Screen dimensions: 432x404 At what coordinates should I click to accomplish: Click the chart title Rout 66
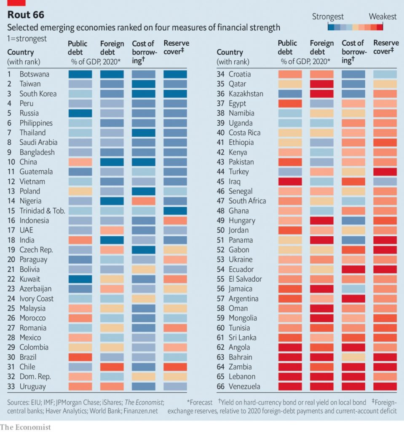point(26,16)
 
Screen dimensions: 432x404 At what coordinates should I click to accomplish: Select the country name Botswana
point(34,74)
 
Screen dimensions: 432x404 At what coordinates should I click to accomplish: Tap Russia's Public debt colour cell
point(80,113)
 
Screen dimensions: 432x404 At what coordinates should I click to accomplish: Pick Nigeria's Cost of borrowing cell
point(144,201)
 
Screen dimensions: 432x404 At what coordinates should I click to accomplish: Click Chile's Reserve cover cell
point(175,367)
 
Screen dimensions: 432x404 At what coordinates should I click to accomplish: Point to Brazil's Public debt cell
point(80,357)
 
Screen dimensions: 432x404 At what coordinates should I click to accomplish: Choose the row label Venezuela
point(244,386)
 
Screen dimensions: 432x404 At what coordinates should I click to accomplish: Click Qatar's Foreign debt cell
point(322,84)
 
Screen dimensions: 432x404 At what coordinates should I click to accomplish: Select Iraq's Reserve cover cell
point(385,181)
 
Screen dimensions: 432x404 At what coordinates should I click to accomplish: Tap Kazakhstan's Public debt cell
point(290,94)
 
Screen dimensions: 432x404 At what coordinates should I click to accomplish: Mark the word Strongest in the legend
point(328,17)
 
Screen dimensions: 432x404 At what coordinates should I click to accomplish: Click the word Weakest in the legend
point(383,17)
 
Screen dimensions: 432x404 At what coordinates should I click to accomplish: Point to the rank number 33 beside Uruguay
point(11,386)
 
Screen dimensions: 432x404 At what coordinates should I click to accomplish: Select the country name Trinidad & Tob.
point(42,211)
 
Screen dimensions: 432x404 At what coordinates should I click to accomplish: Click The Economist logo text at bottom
point(25,427)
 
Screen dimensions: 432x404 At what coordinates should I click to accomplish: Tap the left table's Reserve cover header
point(176,47)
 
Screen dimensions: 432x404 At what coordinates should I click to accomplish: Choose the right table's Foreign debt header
point(321,47)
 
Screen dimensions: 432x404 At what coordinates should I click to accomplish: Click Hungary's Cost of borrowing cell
point(353,220)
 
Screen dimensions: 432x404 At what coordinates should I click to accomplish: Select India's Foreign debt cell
point(112,240)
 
